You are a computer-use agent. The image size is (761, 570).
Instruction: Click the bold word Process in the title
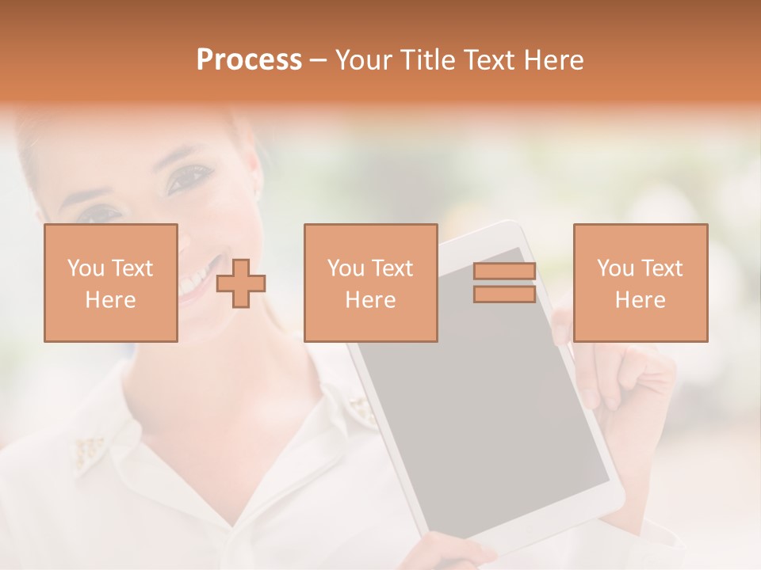pyautogui.click(x=249, y=60)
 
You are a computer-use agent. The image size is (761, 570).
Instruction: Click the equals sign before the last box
pyautogui.click(x=504, y=283)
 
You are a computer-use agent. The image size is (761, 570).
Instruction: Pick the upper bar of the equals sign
pyautogui.click(x=504, y=272)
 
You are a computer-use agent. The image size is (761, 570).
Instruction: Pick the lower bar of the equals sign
pyautogui.click(x=504, y=294)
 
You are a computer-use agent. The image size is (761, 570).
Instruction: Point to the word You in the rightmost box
pyautogui.click(x=614, y=268)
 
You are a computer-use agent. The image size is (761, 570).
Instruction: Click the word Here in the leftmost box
pyautogui.click(x=110, y=300)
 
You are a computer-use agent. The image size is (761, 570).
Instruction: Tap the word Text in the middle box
pyautogui.click(x=392, y=268)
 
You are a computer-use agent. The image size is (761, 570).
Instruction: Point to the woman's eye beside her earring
pyautogui.click(x=189, y=179)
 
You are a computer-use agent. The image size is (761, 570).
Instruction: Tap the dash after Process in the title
pyautogui.click(x=319, y=60)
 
